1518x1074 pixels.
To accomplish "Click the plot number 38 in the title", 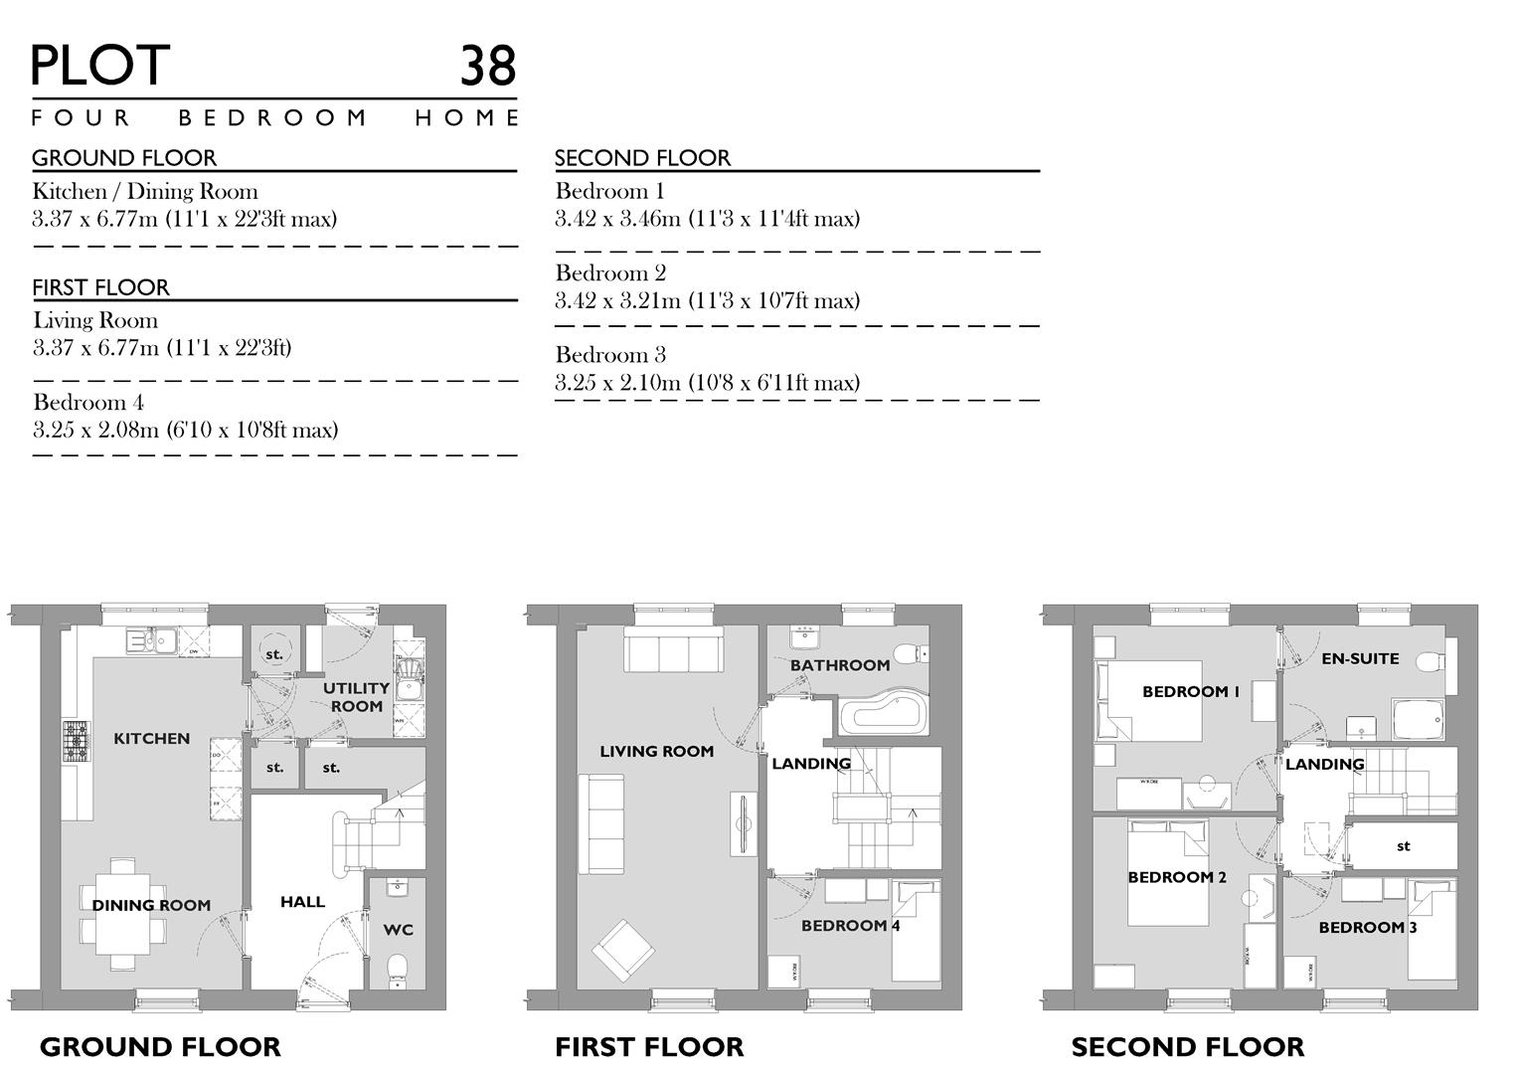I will (487, 66).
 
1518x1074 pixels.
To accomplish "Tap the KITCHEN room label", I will (151, 739).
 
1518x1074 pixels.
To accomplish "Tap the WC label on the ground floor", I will (398, 930).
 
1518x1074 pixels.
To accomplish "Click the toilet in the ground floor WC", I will (398, 970).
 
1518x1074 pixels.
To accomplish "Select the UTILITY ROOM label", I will (356, 696).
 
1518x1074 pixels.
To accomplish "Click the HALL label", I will (302, 902).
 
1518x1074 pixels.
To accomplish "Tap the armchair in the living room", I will (623, 948).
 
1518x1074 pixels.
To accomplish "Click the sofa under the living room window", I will (673, 649).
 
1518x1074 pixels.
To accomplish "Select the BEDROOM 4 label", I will (850, 926).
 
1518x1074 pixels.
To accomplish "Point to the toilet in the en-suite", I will (1430, 662).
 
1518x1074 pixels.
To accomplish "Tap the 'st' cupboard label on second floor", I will (1403, 846).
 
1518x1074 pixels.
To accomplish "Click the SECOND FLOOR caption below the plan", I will (1187, 1047).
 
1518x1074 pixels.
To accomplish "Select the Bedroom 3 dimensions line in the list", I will (707, 383).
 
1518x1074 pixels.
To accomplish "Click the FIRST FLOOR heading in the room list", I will (100, 287).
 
